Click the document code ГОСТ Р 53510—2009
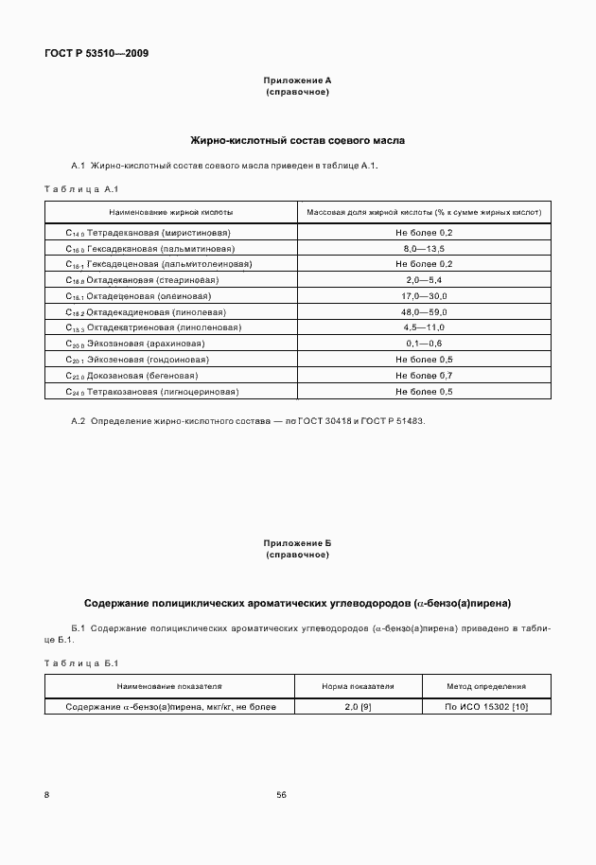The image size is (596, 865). point(96,53)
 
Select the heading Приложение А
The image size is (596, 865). point(297,82)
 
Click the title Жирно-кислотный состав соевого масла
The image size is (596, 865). point(297,140)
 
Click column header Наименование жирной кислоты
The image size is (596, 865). point(170,213)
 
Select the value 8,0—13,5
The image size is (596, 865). point(424,248)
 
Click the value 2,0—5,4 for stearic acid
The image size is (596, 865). point(424,280)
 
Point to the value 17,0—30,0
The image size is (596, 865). point(424,296)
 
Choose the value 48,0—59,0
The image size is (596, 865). point(424,312)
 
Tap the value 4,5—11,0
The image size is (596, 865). point(424,327)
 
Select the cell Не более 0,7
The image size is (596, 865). point(424,376)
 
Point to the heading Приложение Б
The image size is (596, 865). point(297,543)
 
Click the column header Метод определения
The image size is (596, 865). point(486,686)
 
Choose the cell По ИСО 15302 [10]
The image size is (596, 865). point(486,706)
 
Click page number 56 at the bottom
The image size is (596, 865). point(282,795)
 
